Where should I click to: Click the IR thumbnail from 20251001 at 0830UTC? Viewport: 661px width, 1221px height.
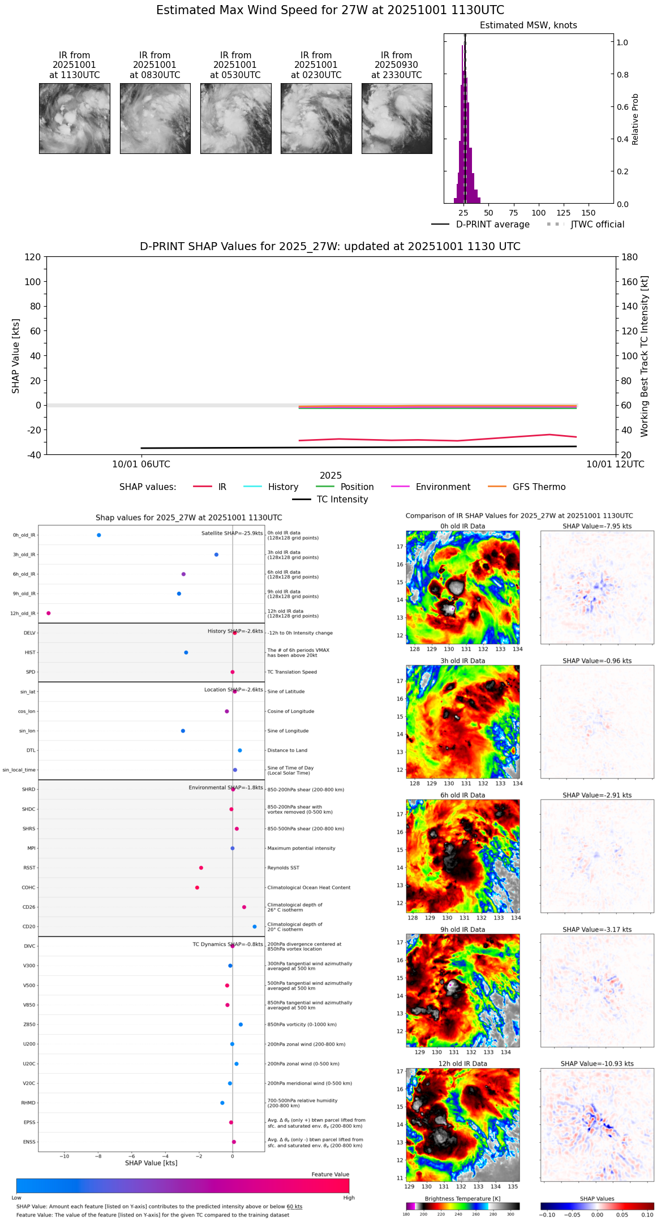(155, 118)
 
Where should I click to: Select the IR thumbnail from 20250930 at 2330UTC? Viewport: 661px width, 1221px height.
(397, 118)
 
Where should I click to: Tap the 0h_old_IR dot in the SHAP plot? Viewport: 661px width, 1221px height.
(99, 535)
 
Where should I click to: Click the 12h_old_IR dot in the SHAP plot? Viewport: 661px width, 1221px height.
(49, 613)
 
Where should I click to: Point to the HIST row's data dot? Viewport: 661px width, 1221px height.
(186, 652)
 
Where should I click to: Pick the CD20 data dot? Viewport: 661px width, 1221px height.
(255, 927)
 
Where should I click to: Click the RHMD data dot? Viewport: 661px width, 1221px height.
(222, 1103)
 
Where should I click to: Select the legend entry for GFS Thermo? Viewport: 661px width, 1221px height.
(539, 487)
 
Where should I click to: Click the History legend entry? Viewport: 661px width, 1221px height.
(283, 487)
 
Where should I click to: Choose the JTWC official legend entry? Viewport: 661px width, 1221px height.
(597, 224)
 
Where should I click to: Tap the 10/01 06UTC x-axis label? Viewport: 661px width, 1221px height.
(141, 464)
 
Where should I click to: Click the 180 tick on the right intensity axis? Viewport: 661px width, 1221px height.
(630, 257)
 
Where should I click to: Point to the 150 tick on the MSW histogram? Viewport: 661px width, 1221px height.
(589, 213)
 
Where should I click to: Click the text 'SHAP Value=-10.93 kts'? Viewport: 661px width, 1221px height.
(597, 1064)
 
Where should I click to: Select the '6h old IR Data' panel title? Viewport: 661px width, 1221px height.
(462, 795)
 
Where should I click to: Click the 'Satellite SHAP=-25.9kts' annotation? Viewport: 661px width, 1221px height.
(232, 533)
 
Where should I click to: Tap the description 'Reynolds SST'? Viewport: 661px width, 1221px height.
(284, 867)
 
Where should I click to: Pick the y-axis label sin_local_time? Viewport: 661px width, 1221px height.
(19, 769)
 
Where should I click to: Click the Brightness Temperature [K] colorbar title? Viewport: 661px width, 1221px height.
(462, 1198)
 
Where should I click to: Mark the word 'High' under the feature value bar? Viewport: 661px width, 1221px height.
(349, 1197)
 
